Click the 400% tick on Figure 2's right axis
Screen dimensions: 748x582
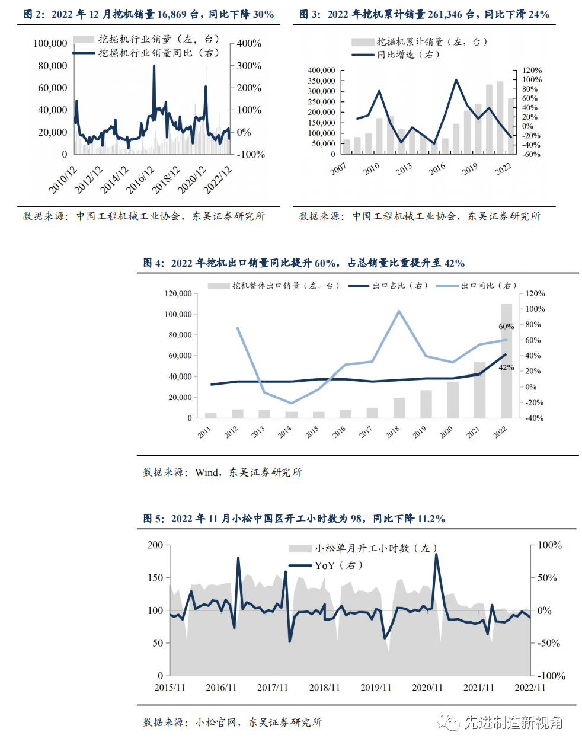(x=249, y=43)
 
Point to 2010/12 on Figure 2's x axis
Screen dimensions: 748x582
(x=63, y=180)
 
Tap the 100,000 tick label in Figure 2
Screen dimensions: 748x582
(x=50, y=43)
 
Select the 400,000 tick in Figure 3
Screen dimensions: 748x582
(x=321, y=70)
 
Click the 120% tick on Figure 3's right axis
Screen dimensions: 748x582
(x=532, y=70)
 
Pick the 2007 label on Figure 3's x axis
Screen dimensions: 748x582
(x=338, y=169)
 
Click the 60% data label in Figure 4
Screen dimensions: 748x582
(x=506, y=327)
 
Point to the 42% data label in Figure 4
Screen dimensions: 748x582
(x=506, y=367)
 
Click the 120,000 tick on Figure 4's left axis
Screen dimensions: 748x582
(x=178, y=293)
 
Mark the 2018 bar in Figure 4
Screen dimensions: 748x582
(x=399, y=408)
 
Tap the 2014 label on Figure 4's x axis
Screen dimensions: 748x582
(x=284, y=432)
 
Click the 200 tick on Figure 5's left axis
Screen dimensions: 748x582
(x=155, y=545)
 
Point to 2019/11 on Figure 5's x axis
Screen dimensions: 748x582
(x=376, y=688)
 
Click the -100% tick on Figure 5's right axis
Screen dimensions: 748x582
(x=551, y=676)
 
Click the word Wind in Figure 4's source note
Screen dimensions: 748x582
(x=206, y=472)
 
